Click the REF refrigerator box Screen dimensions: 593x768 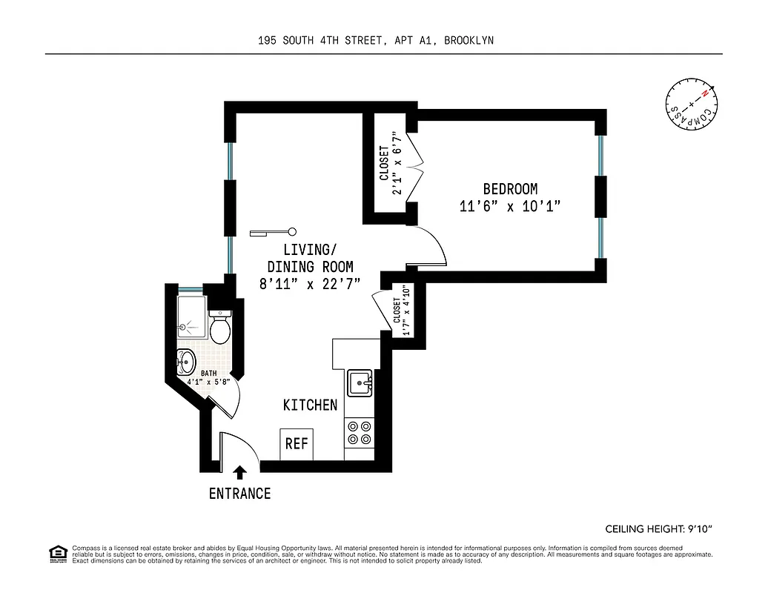pos(297,444)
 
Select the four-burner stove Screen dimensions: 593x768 pos(360,433)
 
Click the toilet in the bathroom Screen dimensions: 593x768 pos(220,328)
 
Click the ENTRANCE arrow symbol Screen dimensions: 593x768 pos(239,472)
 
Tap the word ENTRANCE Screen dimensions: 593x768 pos(239,494)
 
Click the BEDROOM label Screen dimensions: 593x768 pos(510,189)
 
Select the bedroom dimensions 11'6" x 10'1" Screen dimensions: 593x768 pos(509,207)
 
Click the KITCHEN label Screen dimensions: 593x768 pos(310,405)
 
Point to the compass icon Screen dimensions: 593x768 pos(691,105)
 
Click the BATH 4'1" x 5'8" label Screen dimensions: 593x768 pos(208,378)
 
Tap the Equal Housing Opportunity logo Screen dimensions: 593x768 pos(55,553)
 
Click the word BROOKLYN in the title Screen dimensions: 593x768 pos(469,41)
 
